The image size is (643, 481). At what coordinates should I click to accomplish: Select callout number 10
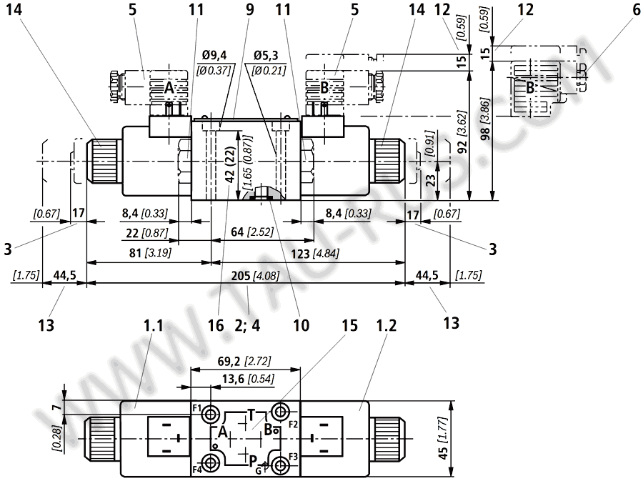tap(301, 324)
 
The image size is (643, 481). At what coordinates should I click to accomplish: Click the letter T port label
tap(251, 415)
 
